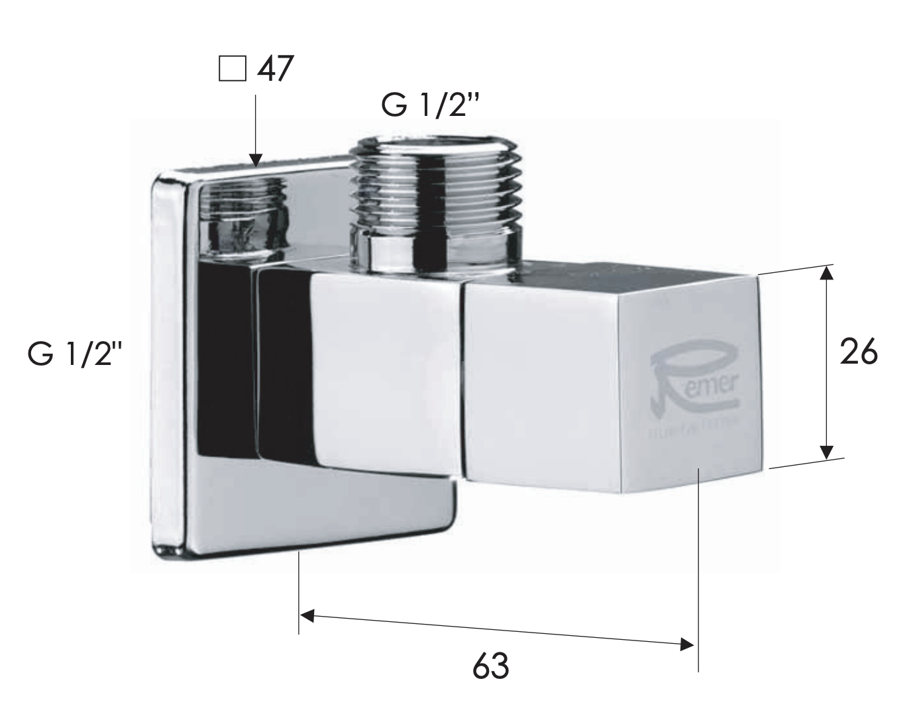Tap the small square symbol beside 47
tap(231, 69)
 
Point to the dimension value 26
tap(859, 352)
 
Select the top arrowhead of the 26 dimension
tap(826, 273)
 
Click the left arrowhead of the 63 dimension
tap(307, 615)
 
